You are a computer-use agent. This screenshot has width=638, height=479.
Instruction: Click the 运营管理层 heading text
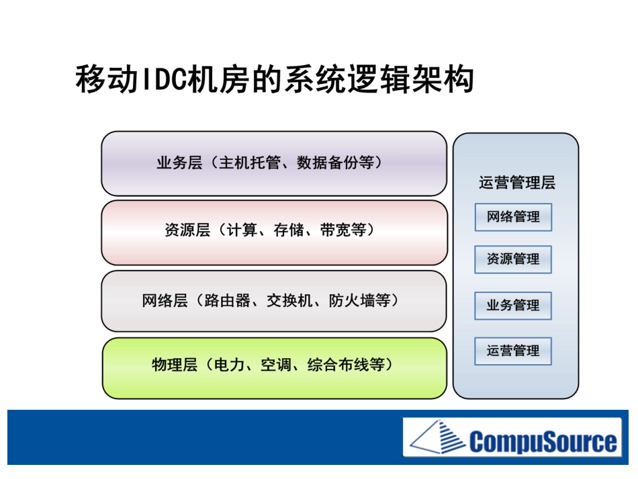516,183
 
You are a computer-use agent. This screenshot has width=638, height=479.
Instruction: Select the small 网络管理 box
513,218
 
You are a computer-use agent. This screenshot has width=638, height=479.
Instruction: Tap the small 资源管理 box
513,259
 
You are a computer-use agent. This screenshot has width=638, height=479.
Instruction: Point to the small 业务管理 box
513,306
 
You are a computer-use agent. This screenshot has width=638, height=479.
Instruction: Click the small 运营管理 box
513,351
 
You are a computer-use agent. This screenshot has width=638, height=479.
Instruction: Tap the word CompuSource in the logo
543,441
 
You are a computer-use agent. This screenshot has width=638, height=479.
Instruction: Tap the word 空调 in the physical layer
275,367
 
